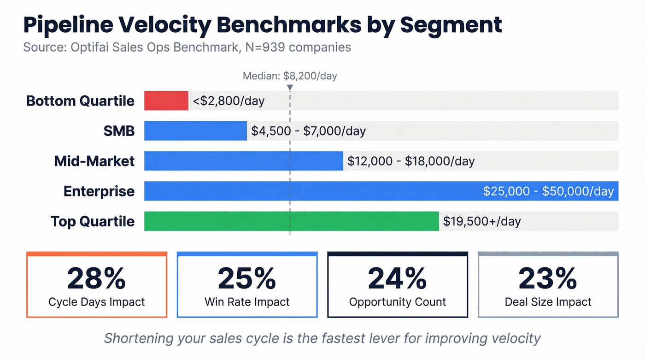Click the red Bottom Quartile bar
point(166,100)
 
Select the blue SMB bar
point(195,131)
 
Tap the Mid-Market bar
point(243,161)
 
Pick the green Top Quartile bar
point(291,221)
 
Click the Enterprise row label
point(99,191)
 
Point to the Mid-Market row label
point(94,161)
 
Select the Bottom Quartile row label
point(81,101)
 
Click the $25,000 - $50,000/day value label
point(548,191)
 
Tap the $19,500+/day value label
point(481,221)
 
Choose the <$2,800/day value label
point(229,101)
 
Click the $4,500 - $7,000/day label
point(308,131)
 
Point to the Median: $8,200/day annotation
point(290,76)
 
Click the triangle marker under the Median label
point(290,88)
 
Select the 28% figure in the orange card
point(96,278)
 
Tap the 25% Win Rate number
point(247,278)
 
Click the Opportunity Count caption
point(398,302)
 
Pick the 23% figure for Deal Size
point(548,278)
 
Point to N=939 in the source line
point(267,47)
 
